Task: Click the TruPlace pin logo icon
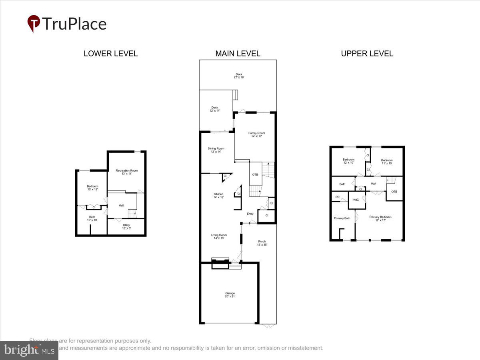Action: [x=34, y=23]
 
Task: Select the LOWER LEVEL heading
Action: [x=110, y=54]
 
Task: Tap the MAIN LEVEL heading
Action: [x=238, y=54]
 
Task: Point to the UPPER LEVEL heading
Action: [x=367, y=54]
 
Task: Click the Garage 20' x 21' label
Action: [x=230, y=295]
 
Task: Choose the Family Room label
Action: [x=256, y=135]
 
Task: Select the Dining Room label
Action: [x=216, y=150]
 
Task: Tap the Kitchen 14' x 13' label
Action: [x=218, y=196]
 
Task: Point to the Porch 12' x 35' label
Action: [x=262, y=243]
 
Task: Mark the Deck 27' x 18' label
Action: [x=239, y=76]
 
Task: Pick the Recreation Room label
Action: [x=126, y=172]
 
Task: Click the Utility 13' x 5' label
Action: [x=126, y=227]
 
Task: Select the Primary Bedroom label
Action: [x=380, y=218]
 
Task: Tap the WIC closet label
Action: [x=356, y=200]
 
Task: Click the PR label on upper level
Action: [x=337, y=197]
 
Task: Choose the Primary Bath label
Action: [x=342, y=218]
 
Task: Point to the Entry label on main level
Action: [x=250, y=214]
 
